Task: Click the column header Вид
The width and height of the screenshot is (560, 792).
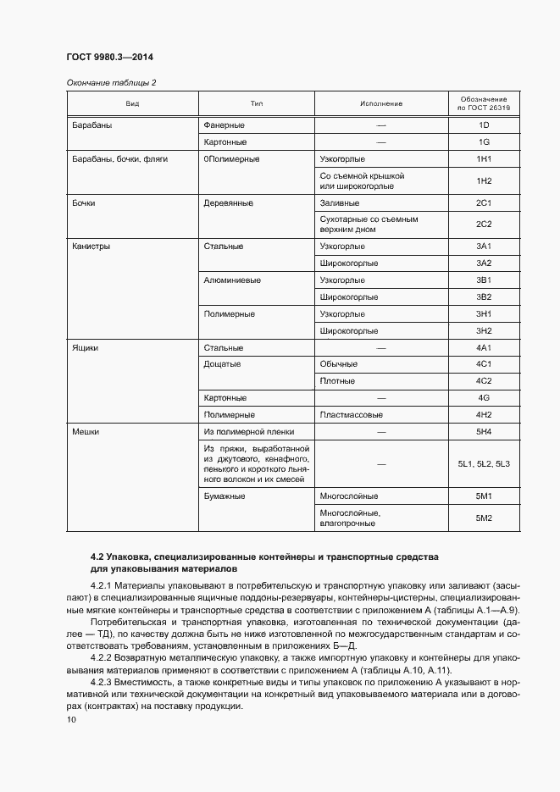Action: (132, 103)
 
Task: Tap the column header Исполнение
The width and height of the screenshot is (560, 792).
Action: (381, 103)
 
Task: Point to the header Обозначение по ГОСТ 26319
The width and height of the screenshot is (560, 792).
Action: (484, 103)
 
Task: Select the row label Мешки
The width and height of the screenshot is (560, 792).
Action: (86, 432)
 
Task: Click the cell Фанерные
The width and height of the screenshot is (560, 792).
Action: (225, 125)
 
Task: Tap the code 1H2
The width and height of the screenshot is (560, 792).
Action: (484, 181)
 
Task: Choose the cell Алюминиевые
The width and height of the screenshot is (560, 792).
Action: (232, 280)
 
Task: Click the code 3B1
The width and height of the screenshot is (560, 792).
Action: (484, 280)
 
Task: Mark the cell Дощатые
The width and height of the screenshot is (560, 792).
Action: (223, 364)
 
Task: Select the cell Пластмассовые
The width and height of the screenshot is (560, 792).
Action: (352, 415)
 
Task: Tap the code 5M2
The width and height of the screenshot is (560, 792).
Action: (484, 518)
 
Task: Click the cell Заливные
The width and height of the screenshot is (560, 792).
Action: (341, 204)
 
